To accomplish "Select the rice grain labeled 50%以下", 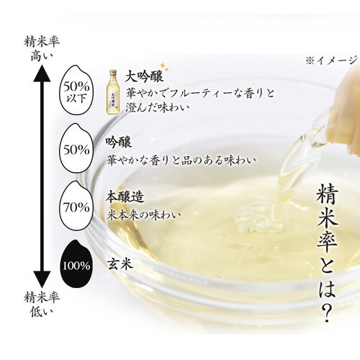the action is [x=76, y=92].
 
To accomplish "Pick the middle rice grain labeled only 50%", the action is [x=76, y=149].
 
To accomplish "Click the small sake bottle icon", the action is [x=112, y=91].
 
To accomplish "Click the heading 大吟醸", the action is [x=144, y=76].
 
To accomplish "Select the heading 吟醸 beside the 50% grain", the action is [x=119, y=143].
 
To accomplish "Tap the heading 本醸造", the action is [x=125, y=197].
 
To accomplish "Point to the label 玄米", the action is [x=120, y=264].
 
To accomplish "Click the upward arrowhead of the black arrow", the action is [x=42, y=73].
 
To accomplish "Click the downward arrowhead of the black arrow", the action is [x=42, y=279].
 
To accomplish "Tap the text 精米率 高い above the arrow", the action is [x=42, y=50].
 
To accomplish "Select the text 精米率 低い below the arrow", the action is [x=42, y=304].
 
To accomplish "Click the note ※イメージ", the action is [x=333, y=60].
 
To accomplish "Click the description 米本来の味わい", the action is [x=144, y=215].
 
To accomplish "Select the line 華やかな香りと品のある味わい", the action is [x=181, y=160].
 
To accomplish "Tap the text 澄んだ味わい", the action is [x=157, y=107].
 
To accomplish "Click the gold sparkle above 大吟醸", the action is [x=164, y=67].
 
